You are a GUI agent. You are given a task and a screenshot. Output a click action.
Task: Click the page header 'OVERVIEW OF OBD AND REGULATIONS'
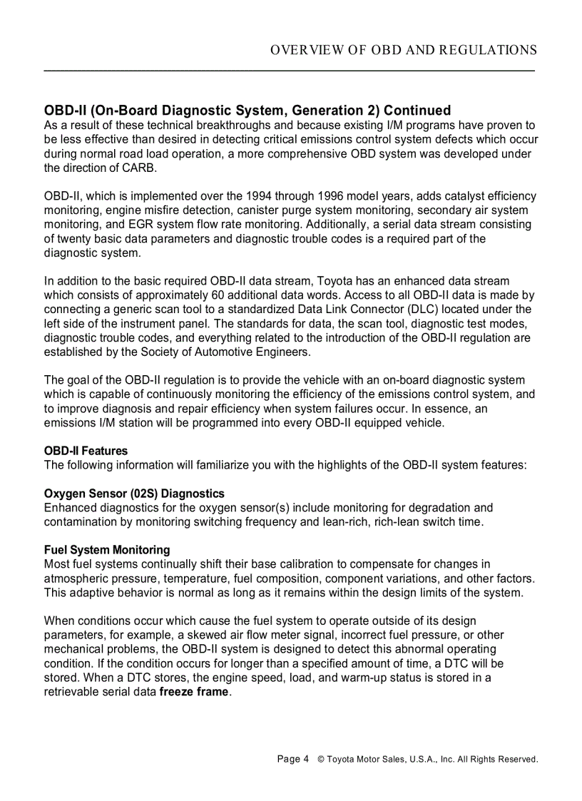pos(404,50)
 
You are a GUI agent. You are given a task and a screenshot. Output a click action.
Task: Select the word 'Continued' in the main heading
pos(417,111)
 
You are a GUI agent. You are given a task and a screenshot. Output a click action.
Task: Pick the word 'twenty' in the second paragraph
pos(73,238)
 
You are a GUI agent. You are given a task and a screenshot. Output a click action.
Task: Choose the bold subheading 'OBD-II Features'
pos(86,451)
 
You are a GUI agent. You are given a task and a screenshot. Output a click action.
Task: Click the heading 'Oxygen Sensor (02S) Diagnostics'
pos(134,494)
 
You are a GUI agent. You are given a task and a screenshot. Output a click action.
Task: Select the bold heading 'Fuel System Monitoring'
pos(107,550)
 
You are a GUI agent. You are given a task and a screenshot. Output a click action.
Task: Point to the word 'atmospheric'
pos(76,578)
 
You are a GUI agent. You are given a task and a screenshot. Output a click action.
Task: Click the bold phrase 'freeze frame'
pos(194,692)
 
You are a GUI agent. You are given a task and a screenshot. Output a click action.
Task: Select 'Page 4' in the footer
pos(292,759)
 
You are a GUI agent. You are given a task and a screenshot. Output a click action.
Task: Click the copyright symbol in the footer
pos(321,760)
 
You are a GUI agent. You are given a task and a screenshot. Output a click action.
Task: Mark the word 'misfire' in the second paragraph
pos(204,210)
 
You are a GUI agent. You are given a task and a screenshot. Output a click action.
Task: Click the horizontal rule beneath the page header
pos(290,71)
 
